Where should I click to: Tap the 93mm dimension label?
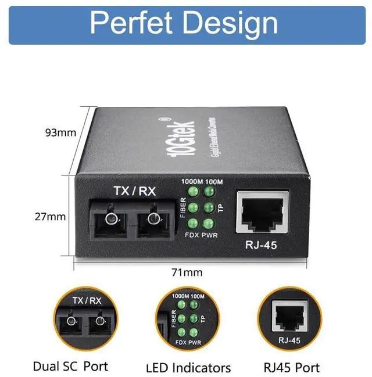click(60, 132)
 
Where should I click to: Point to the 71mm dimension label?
click(188, 272)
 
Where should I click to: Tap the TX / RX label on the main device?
click(135, 191)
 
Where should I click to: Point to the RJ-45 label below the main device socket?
click(261, 245)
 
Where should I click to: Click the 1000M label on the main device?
click(191, 181)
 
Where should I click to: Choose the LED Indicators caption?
click(188, 368)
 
